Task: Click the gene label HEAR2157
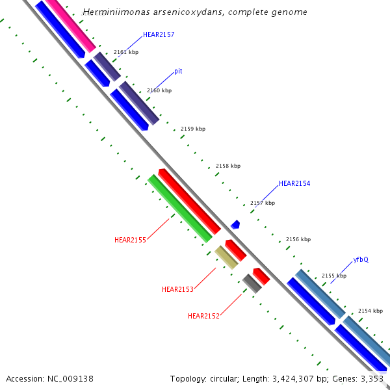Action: tap(159, 34)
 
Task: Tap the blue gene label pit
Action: tap(178, 71)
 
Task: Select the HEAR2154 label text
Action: tap(294, 184)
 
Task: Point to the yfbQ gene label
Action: tap(361, 259)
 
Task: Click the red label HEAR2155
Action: tap(130, 240)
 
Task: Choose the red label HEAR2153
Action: tap(177, 289)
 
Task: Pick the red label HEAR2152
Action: tap(203, 316)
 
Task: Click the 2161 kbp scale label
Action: tap(126, 51)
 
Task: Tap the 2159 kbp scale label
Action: tap(193, 129)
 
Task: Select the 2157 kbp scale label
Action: tap(263, 203)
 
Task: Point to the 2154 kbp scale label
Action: tap(370, 311)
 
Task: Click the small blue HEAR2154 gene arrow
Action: tap(235, 224)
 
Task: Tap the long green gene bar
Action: tap(180, 209)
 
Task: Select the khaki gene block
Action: tap(226, 257)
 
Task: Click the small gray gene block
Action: tap(252, 283)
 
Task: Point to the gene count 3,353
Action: tap(371, 378)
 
